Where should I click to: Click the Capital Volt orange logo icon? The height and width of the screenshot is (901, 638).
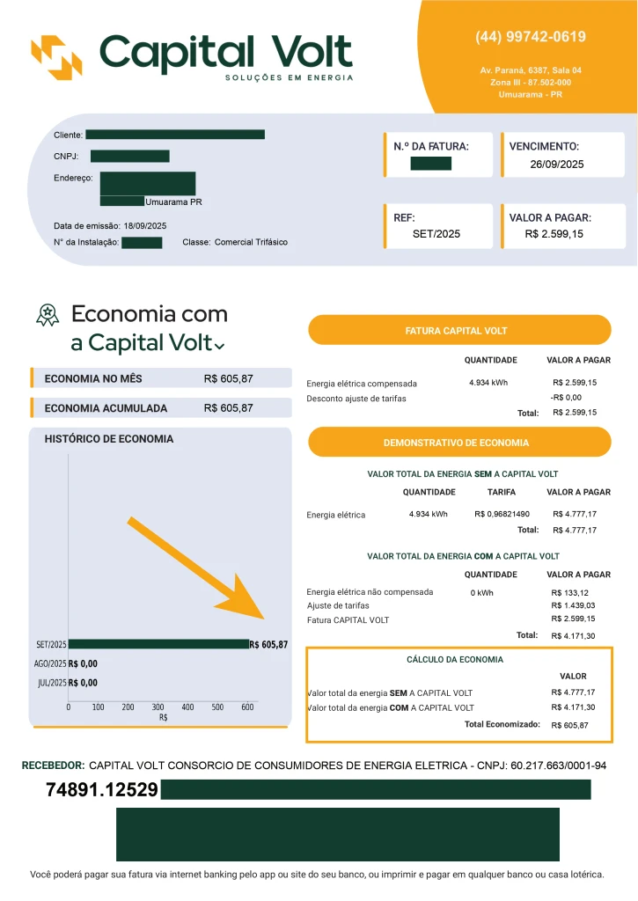[56, 56]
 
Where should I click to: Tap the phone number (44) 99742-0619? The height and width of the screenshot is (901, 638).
[531, 37]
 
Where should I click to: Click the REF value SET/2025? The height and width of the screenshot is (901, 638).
[436, 234]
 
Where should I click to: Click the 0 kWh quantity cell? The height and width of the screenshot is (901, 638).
[481, 593]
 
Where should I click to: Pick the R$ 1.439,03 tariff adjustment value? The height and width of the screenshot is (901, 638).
[573, 605]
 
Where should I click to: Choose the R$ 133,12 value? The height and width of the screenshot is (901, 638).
[569, 593]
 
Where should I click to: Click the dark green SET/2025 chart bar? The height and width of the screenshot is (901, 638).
[158, 644]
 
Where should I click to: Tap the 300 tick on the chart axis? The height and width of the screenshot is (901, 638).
[158, 707]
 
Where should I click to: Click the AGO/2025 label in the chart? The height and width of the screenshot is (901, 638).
[49, 664]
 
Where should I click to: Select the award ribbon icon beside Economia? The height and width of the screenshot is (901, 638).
[47, 315]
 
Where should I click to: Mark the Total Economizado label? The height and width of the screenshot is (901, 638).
[502, 724]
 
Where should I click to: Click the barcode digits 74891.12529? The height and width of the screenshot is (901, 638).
[102, 790]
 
